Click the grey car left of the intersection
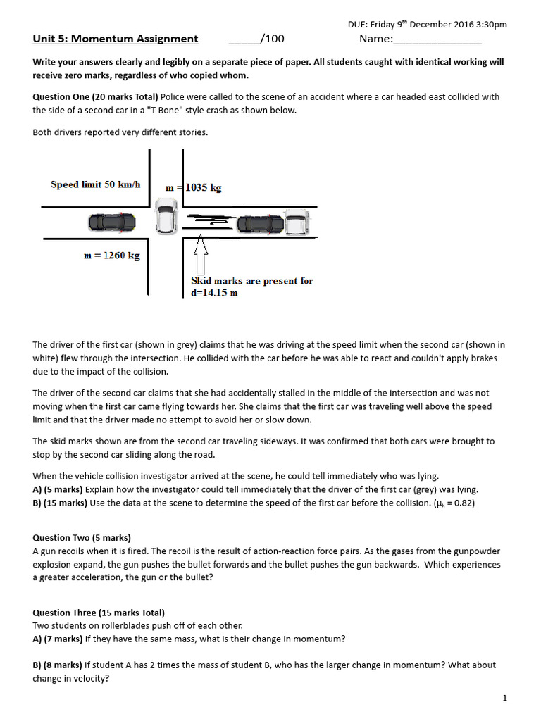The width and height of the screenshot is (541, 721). click(111, 222)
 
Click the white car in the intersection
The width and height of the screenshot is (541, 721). click(166, 216)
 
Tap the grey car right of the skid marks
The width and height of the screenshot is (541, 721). click(260, 225)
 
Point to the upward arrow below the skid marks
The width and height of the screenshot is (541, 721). click(200, 253)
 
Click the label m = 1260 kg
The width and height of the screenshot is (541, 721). click(111, 256)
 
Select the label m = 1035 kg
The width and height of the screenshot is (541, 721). click(194, 188)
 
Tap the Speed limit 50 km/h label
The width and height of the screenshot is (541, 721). click(96, 184)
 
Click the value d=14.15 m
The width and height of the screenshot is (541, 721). click(214, 293)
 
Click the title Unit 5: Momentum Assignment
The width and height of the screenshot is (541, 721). click(116, 39)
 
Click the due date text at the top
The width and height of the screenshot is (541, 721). click(427, 24)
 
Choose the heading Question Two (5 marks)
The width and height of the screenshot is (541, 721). click(82, 537)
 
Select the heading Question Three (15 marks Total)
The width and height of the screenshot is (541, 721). click(99, 613)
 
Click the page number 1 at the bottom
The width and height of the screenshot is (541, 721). click(504, 698)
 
